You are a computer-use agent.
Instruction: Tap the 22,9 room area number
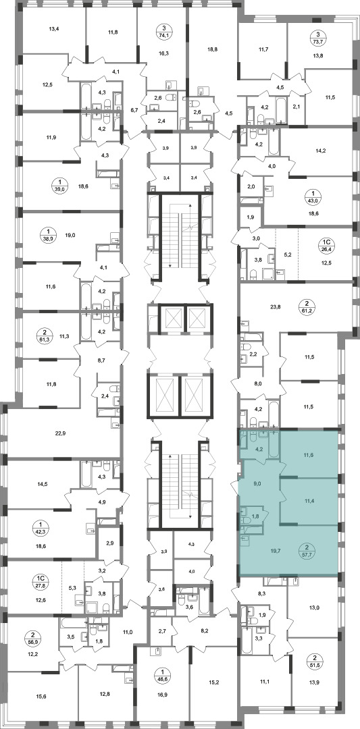[x=61, y=433]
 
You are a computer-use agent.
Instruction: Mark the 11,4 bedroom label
[x=307, y=501]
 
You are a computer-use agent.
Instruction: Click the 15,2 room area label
[x=214, y=683]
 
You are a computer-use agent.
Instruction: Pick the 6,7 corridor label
[x=134, y=110]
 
